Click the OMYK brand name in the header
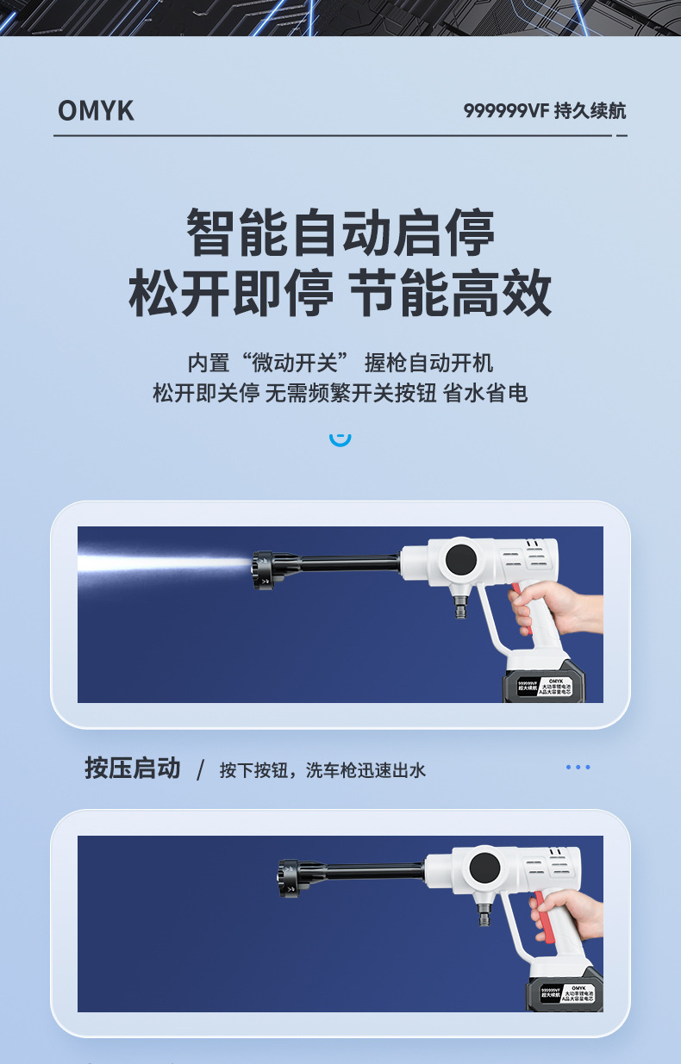96,111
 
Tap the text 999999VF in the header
506,111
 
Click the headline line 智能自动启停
340,233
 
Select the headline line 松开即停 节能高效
340,294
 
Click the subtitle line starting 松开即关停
340,394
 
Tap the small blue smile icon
340,439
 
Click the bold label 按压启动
133,768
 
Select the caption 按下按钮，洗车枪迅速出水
322,769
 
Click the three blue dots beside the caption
578,767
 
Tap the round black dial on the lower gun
485,868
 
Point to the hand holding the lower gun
573,915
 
